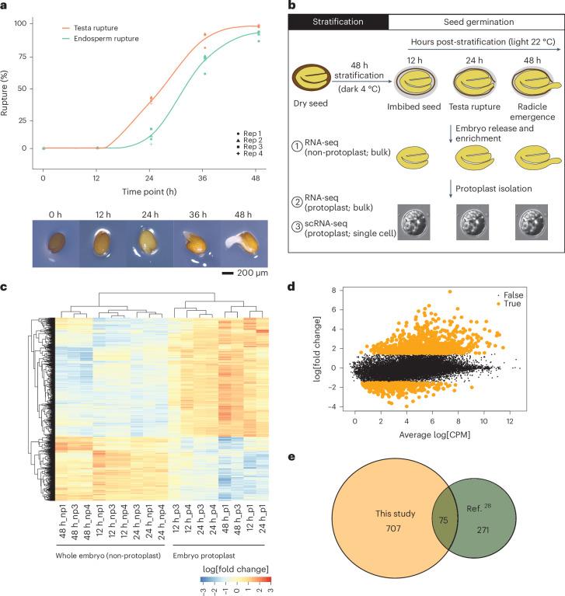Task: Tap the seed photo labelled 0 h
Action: coord(54,222)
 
